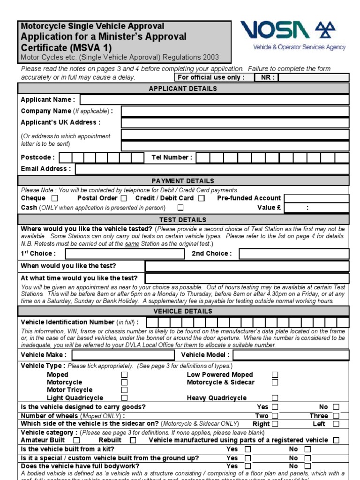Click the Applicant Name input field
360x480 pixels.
pos(214,99)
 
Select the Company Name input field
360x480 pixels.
pos(234,111)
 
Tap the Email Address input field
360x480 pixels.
pos(212,169)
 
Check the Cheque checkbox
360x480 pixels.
pos(55,198)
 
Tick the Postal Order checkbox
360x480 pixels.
pos(124,198)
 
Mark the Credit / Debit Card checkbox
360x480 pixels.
pos(202,198)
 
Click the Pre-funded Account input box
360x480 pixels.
pos(316,198)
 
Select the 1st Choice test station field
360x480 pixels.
pos(125,254)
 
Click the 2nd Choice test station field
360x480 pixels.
pos(294,254)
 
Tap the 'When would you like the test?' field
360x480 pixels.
pos(247,266)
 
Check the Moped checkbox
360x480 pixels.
pos(124,375)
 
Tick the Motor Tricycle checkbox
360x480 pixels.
pos(124,390)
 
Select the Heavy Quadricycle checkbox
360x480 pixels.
pos(275,398)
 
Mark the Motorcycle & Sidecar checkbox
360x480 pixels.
pos(275,382)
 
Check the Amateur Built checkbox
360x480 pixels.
pos(77,440)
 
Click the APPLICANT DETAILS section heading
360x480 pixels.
pos(183,89)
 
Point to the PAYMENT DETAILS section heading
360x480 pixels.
pos(183,181)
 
